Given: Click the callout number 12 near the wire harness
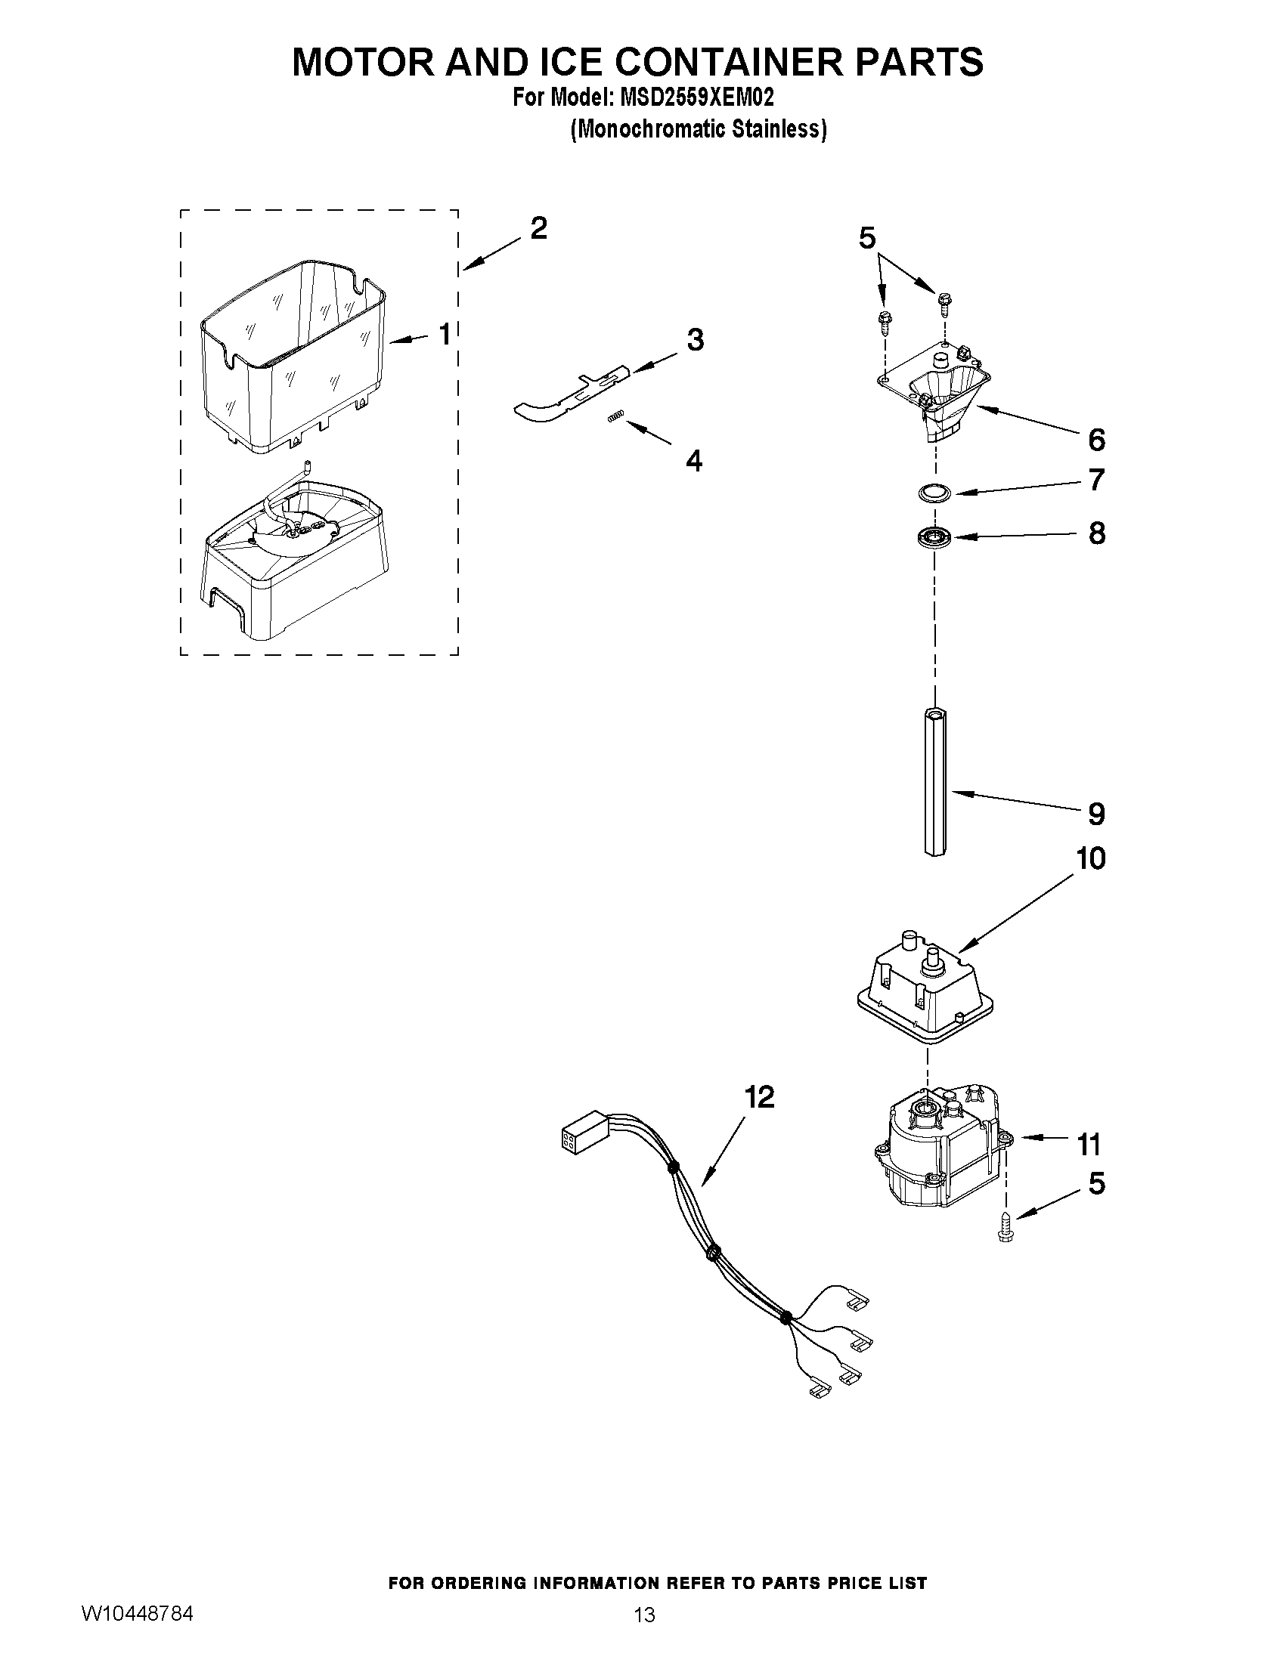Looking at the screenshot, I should point(759,1097).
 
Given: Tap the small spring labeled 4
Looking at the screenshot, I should point(618,415).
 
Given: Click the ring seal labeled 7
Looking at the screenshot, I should point(935,493).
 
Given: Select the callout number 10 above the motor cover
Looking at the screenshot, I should point(1090,859).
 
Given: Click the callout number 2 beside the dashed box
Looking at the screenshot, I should point(538,228).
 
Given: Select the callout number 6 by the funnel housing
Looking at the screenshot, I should point(1095,439).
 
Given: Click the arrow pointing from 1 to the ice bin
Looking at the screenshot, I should point(411,338).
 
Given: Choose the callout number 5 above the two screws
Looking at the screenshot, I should point(868,238).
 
